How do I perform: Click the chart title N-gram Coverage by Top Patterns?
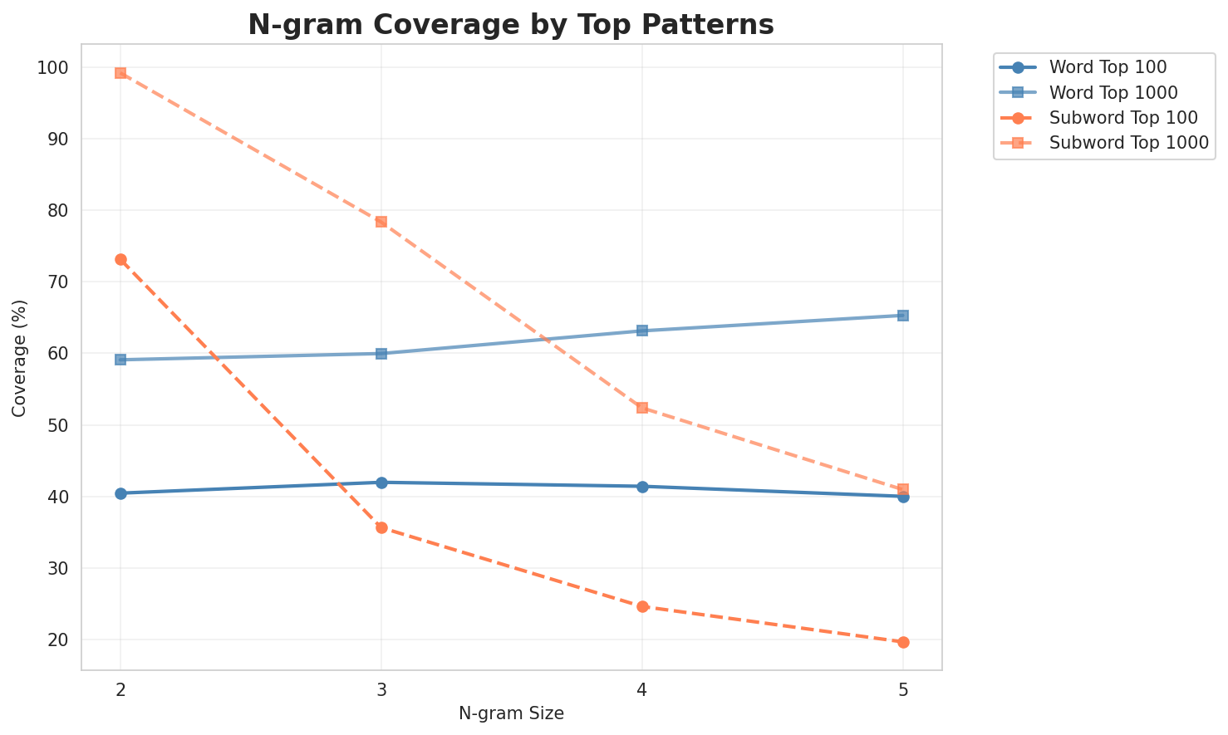coord(511,25)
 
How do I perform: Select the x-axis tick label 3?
coord(381,690)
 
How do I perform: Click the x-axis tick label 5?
coord(903,690)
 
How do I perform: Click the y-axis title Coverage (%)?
coord(19,357)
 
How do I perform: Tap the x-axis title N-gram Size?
coord(511,713)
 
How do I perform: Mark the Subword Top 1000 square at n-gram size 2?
coord(120,73)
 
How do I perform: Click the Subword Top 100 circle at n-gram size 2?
coord(120,260)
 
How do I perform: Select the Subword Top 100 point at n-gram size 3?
coord(381,527)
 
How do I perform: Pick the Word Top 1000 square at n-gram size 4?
coord(642,331)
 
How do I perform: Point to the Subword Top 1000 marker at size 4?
coord(642,408)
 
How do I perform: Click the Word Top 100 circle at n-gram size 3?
coord(381,483)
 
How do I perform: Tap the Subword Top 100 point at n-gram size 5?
coord(903,642)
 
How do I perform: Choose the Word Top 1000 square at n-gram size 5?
coord(903,316)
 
